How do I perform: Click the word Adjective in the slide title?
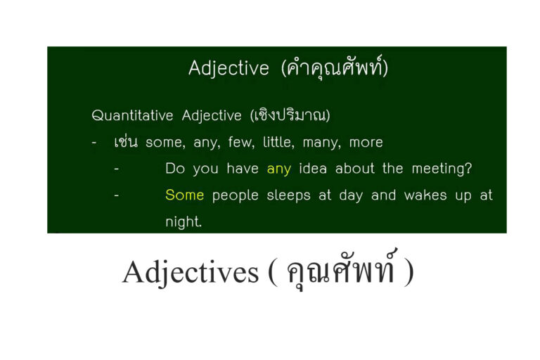point(229,68)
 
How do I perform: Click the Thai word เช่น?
point(126,142)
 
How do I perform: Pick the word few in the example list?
point(240,142)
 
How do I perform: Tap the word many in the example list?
point(321,143)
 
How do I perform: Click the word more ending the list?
point(366,142)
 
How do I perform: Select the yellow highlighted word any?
point(278,169)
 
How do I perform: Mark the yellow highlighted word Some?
point(184,195)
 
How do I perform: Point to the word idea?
point(313,169)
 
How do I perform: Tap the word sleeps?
point(289,195)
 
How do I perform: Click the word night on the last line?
point(183,222)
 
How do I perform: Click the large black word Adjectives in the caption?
point(191,271)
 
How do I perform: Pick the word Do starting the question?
point(174,169)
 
